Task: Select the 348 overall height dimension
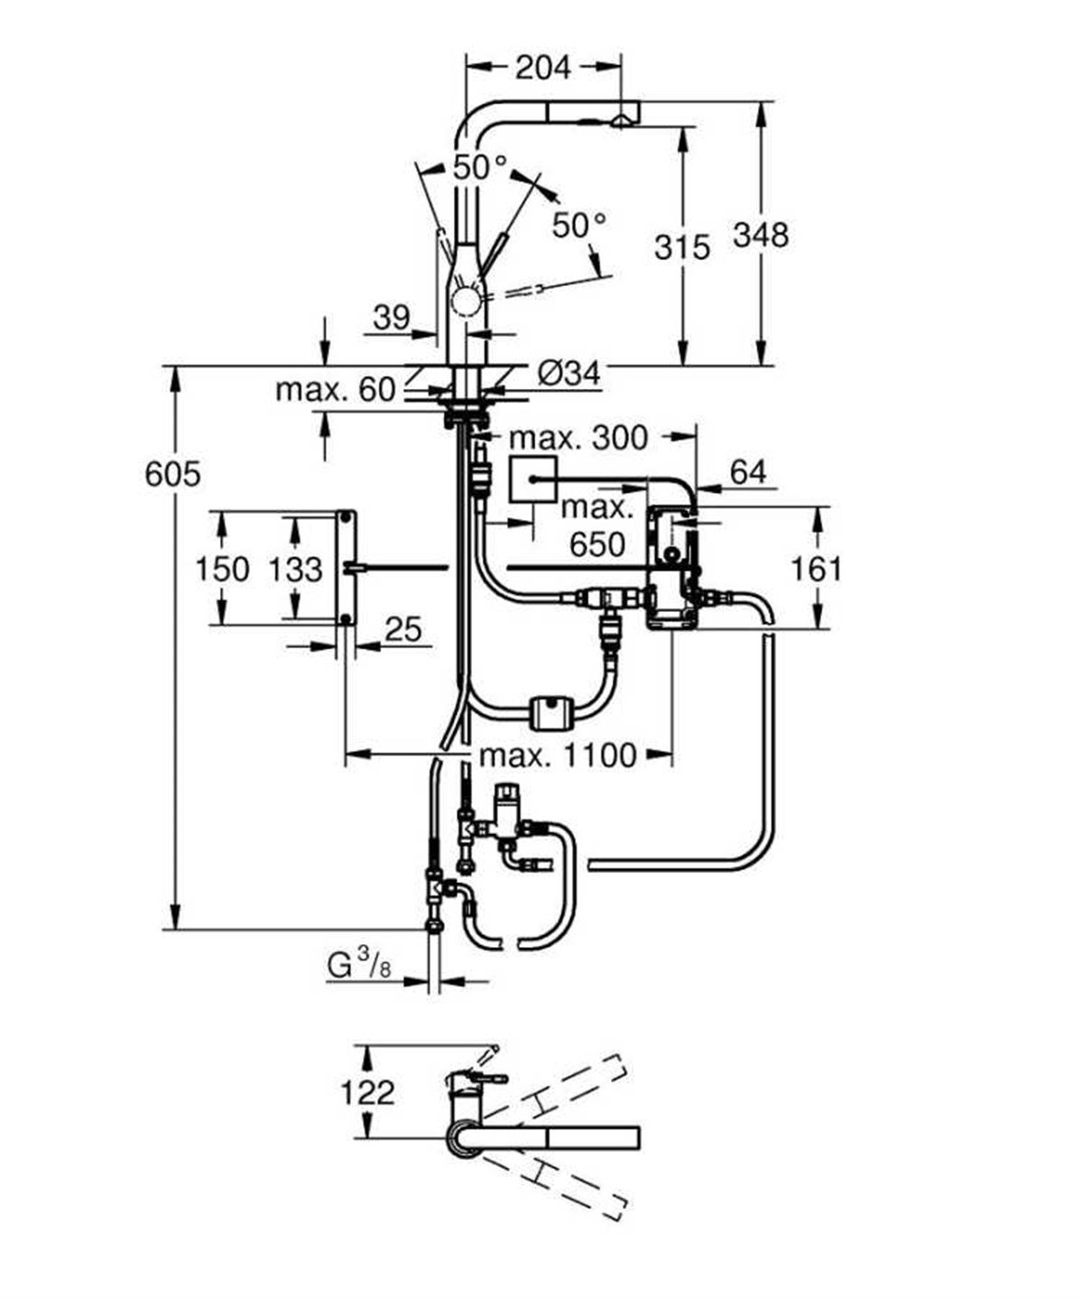coord(760,235)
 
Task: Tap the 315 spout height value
coord(681,246)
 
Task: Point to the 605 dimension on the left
coord(172,473)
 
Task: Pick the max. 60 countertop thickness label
coord(336,389)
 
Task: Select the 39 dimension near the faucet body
coord(391,317)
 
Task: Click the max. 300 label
coord(579,438)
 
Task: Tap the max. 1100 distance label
coord(558,755)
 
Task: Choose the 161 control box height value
coord(815,568)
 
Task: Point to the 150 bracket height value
coord(222,569)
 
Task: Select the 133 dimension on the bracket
coord(295,569)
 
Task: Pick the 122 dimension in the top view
coord(367,1092)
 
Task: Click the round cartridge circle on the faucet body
coord(467,301)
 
